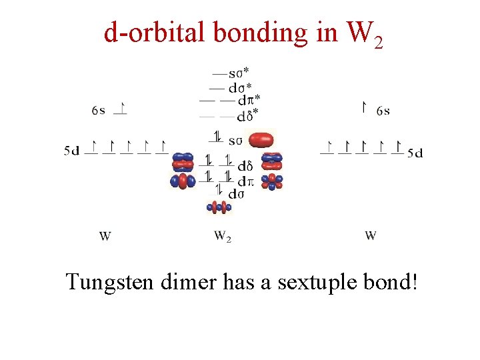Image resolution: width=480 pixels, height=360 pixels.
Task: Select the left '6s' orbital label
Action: pos(99,111)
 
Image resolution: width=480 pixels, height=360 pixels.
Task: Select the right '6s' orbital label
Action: pos(383,111)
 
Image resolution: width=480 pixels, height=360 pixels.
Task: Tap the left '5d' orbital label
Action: pos(72,151)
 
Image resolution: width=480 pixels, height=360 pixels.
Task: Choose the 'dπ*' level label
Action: pos(249,100)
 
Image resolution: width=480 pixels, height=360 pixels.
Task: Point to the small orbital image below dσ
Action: pos(219,207)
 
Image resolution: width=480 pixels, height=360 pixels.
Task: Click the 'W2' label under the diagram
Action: pos(223,236)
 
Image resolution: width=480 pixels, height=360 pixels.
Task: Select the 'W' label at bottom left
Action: pos(105,236)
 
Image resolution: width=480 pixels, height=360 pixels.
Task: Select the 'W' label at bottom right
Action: pos(371,236)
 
